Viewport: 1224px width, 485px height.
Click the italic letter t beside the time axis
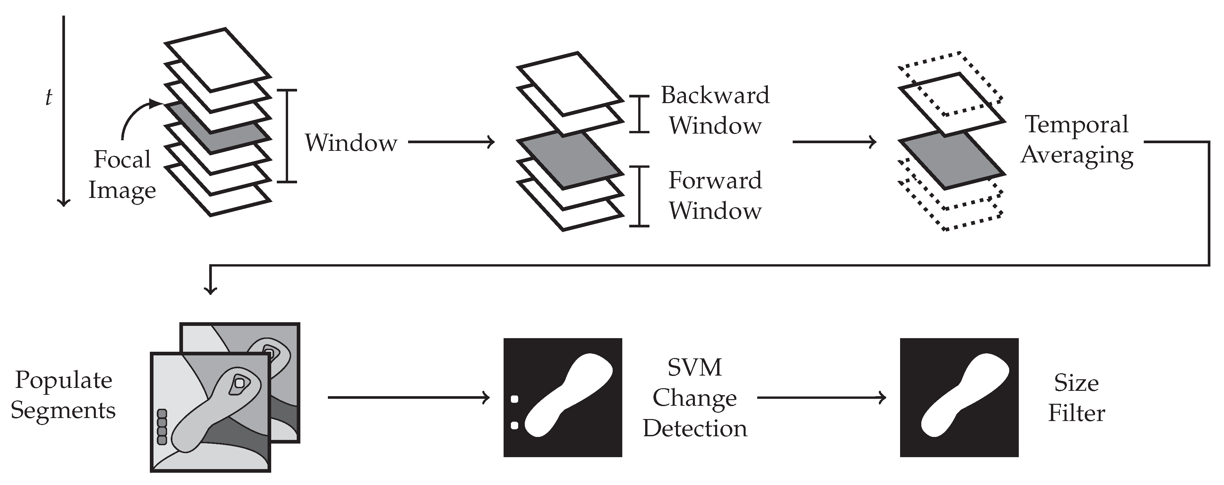tap(48, 97)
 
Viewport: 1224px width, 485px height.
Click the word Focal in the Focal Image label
tap(122, 159)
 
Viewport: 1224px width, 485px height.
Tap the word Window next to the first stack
tap(351, 143)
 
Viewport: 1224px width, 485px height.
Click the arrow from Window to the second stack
tap(452, 142)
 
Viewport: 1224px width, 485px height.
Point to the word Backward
tap(715, 95)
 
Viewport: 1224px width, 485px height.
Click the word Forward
tap(715, 181)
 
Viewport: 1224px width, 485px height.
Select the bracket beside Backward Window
tap(640, 114)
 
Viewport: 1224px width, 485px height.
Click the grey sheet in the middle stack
tap(570, 160)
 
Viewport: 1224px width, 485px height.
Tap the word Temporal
tap(1076, 124)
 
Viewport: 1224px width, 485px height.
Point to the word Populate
tap(64, 380)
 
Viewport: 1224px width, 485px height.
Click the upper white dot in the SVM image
tap(514, 399)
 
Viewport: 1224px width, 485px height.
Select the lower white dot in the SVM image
tap(514, 425)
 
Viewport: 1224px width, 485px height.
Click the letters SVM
tap(695, 367)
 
